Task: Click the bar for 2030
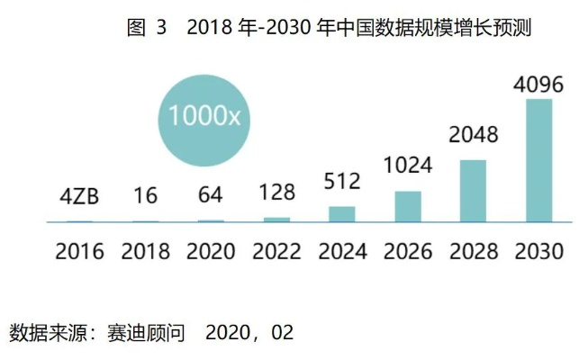pyautogui.click(x=538, y=160)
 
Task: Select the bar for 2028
pyautogui.click(x=473, y=191)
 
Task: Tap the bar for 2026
pyautogui.click(x=408, y=206)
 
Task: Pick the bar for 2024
pyautogui.click(x=342, y=214)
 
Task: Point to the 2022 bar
pyautogui.click(x=276, y=219)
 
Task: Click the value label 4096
pyautogui.click(x=538, y=86)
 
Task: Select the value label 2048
pyautogui.click(x=473, y=136)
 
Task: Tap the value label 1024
pyautogui.click(x=408, y=166)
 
